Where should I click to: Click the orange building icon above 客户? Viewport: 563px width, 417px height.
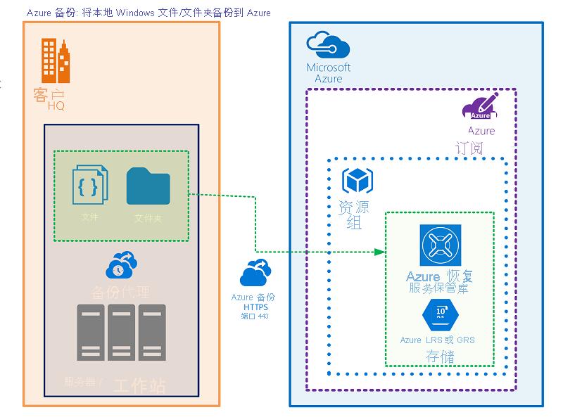pyautogui.click(x=56, y=61)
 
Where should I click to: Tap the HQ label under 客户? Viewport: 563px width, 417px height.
pyautogui.click(x=56, y=105)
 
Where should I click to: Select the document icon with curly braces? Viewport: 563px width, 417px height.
pyautogui.click(x=90, y=185)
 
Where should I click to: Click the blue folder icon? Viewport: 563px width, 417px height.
pyautogui.click(x=148, y=186)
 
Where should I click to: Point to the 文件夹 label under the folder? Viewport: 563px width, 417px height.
pyautogui.click(x=148, y=219)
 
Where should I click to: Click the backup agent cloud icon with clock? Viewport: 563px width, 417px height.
pyautogui.click(x=121, y=265)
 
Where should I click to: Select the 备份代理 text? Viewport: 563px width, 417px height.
pyautogui.click(x=120, y=291)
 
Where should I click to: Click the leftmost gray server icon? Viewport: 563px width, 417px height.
pyautogui.click(x=90, y=332)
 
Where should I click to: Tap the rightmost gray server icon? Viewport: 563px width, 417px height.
pyautogui.click(x=151, y=332)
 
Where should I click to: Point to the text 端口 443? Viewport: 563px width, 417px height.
pyautogui.click(x=255, y=317)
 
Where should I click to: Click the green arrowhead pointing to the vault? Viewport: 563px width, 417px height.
pyautogui.click(x=381, y=252)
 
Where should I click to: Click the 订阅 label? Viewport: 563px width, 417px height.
pyautogui.click(x=469, y=148)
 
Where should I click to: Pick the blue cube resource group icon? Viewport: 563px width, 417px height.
pyautogui.click(x=357, y=181)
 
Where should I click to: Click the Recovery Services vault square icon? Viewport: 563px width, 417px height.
pyautogui.click(x=440, y=245)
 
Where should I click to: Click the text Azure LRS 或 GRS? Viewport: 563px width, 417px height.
pyautogui.click(x=437, y=340)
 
